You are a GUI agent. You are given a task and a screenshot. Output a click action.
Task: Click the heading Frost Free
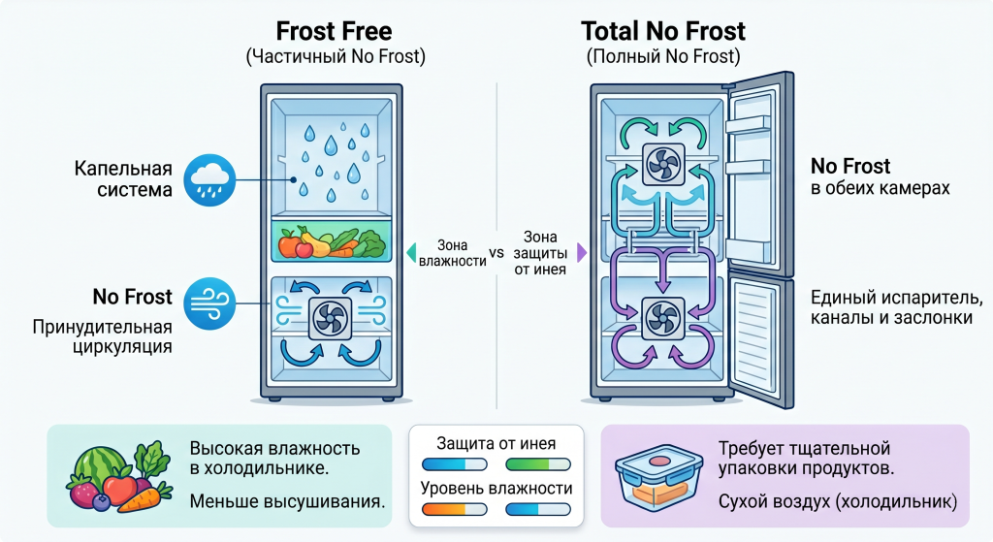[334, 31]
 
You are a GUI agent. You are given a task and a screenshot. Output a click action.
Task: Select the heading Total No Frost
[663, 31]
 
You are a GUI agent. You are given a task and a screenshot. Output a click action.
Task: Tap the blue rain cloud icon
[209, 179]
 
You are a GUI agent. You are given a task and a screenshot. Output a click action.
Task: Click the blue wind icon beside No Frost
[209, 303]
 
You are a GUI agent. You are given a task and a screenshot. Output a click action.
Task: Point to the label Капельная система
[123, 178]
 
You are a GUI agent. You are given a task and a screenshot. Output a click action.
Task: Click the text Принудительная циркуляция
[102, 336]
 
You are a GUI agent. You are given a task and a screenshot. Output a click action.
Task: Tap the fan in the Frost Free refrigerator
[330, 318]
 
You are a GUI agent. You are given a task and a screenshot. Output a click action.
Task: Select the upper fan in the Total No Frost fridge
[663, 164]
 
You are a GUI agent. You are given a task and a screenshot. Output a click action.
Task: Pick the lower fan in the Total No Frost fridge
[663, 318]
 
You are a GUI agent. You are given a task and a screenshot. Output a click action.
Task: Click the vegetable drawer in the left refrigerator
[331, 240]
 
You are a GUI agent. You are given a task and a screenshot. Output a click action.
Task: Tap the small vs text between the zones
[496, 253]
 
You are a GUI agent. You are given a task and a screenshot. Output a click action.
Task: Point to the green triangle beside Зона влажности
[411, 253]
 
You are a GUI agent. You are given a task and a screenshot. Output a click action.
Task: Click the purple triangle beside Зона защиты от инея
[582, 253]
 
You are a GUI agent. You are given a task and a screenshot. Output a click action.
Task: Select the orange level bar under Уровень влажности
[454, 509]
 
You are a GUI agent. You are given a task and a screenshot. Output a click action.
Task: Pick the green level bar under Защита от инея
[538, 464]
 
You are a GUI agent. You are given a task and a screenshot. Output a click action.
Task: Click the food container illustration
[658, 476]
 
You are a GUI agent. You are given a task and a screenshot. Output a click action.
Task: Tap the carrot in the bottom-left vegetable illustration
[144, 497]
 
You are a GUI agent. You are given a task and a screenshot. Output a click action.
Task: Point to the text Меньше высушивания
[287, 501]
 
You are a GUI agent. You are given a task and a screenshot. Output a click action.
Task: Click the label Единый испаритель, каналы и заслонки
[892, 307]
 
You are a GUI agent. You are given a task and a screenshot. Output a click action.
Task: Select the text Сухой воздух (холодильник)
[838, 501]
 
